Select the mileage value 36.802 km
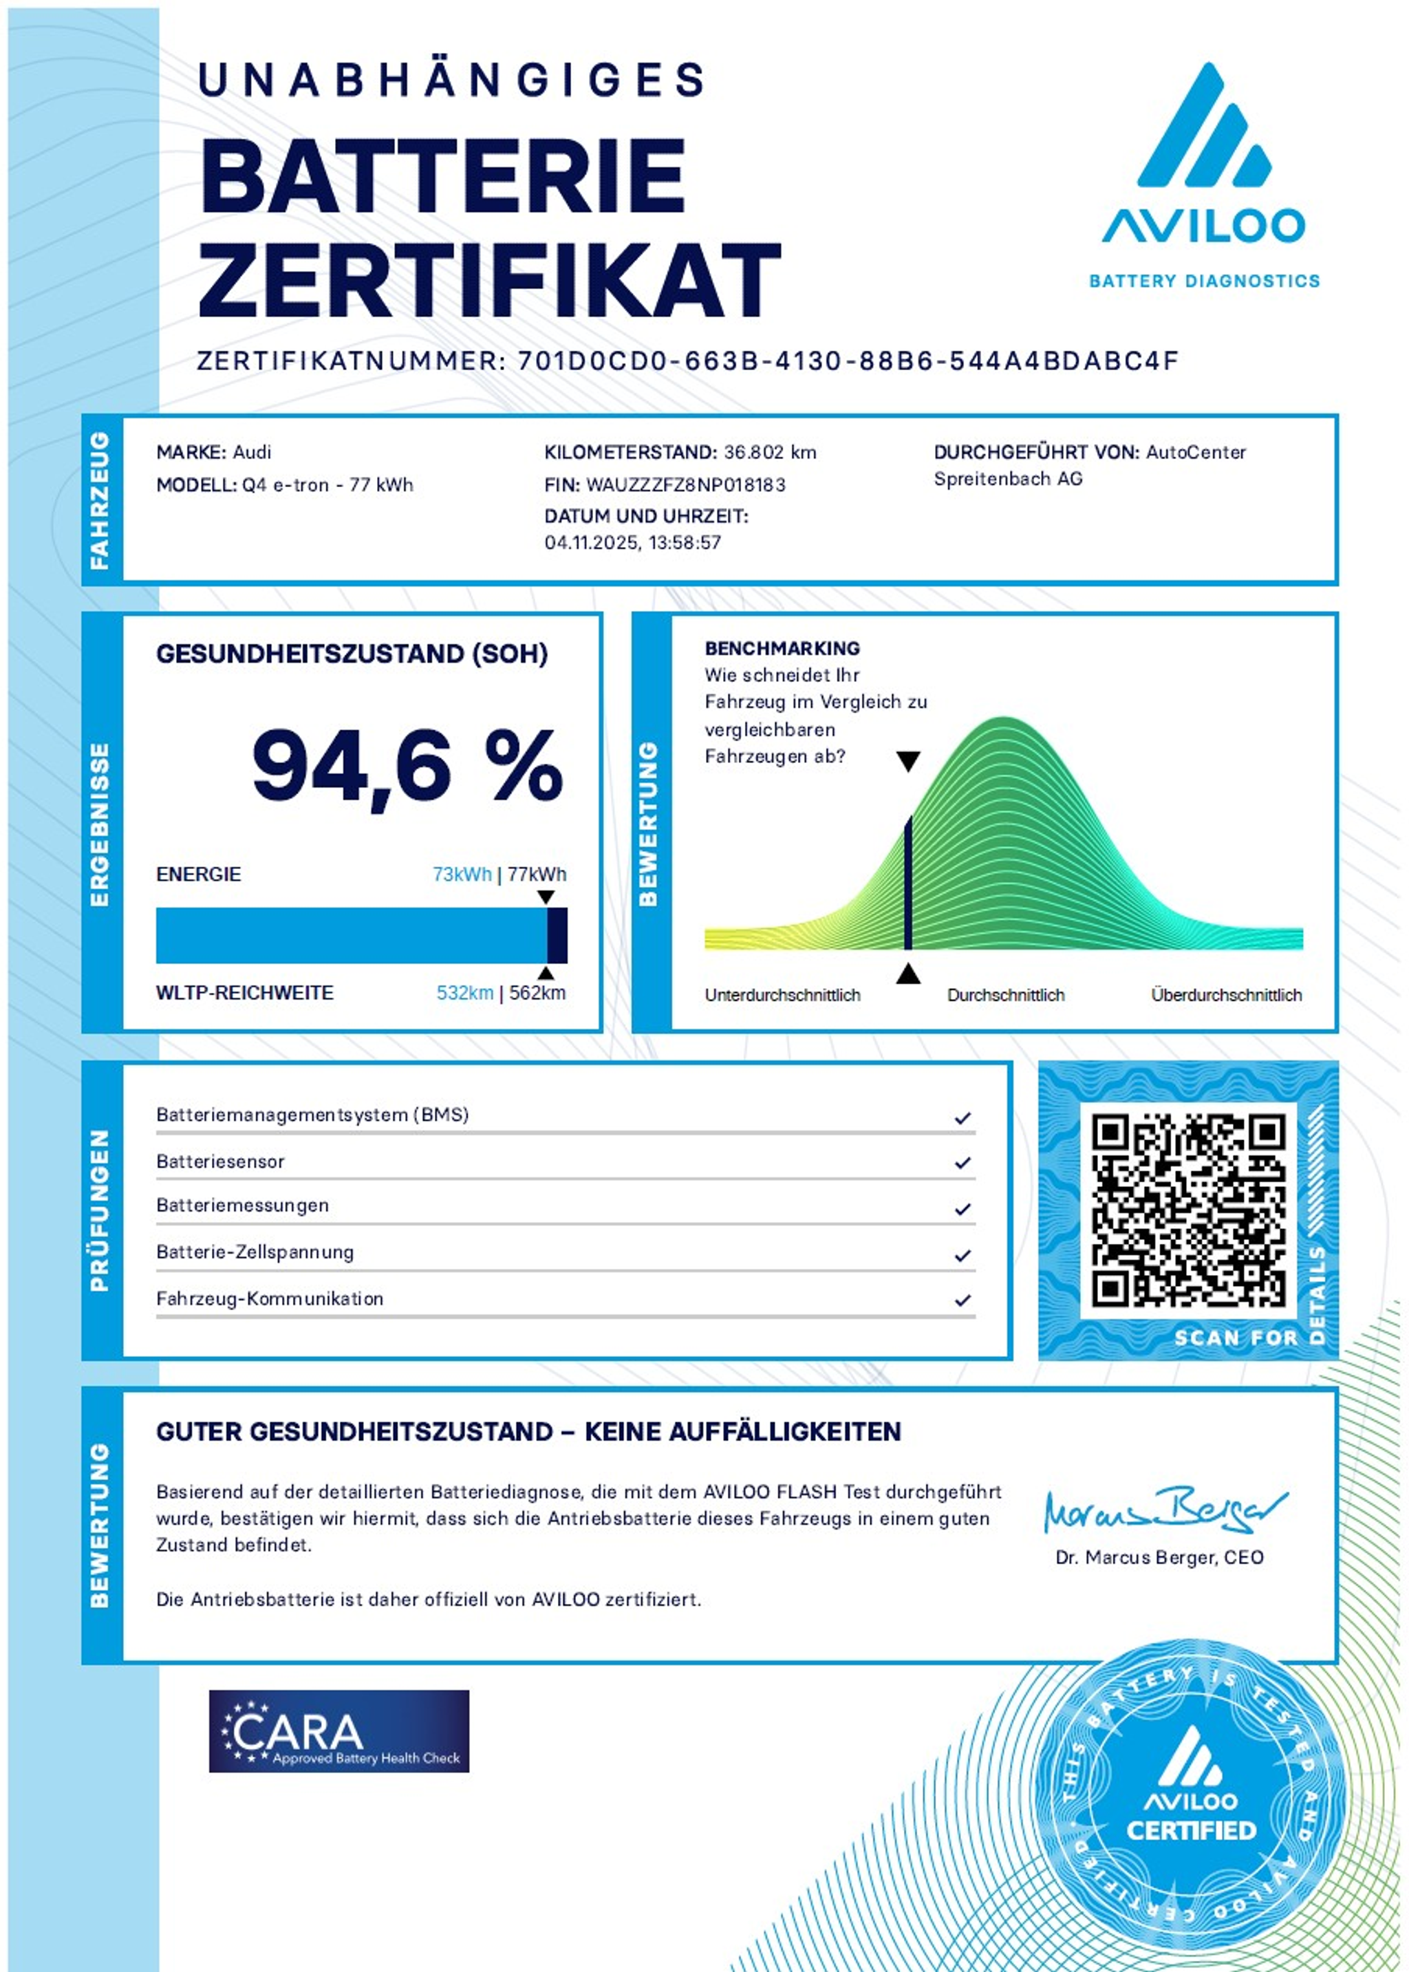click(770, 452)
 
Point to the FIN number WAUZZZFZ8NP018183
click(685, 485)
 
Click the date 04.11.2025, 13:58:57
click(632, 543)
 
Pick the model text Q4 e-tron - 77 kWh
click(327, 485)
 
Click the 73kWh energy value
click(462, 875)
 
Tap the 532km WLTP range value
click(464, 994)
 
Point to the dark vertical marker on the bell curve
click(907, 883)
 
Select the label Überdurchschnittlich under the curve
click(1226, 995)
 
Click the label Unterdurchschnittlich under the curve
click(782, 995)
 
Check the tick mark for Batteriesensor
click(962, 1163)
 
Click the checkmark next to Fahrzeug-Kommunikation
click(962, 1300)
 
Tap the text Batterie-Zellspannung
click(255, 1252)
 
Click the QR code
click(1187, 1210)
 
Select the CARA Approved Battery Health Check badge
click(338, 1730)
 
